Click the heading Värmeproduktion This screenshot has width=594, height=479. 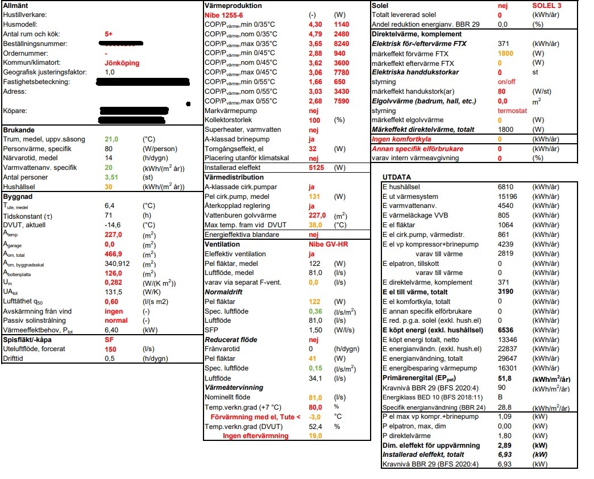coord(232,5)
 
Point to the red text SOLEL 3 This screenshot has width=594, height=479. coord(546,5)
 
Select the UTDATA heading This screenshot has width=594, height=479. coord(397,177)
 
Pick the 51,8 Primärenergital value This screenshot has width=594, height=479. coord(504,378)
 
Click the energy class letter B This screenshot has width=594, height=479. coord(500,397)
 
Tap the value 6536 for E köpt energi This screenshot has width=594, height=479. coord(506,330)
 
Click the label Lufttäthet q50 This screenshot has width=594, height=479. coord(24,302)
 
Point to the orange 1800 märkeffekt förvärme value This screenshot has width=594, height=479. coord(505,53)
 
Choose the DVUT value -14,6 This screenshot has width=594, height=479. coord(113,224)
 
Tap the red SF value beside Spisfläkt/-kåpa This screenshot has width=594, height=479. coord(109,340)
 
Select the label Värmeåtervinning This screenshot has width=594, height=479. coord(234,388)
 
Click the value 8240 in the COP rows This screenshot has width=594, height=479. coord(342,43)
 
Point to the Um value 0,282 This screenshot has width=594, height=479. coord(113,282)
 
